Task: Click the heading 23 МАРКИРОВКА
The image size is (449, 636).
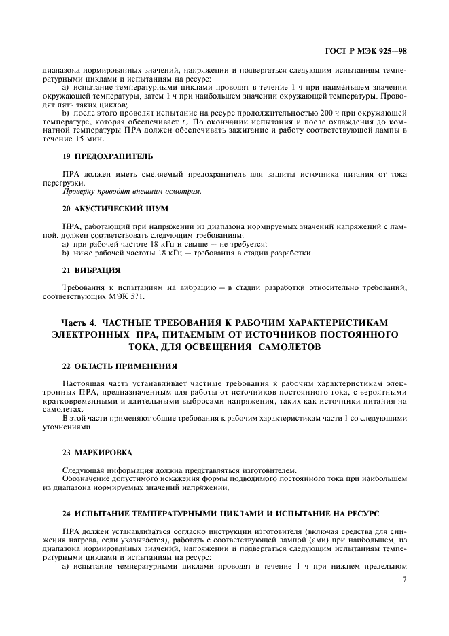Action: coord(98,452)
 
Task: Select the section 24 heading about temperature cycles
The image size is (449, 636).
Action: coord(220,510)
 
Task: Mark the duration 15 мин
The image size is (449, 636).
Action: coord(92,139)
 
